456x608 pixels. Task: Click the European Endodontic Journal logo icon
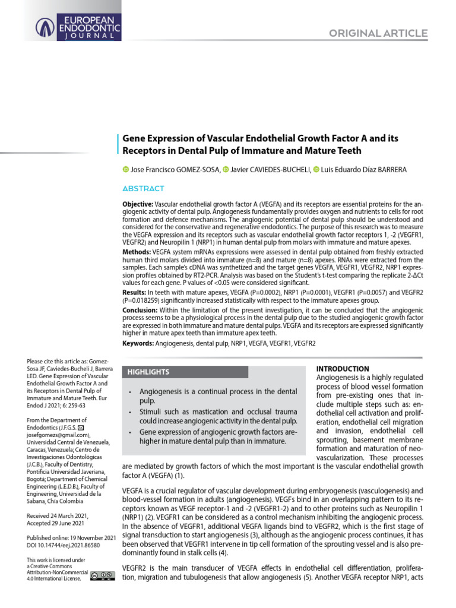tap(46, 26)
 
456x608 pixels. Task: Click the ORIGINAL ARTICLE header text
tap(378, 33)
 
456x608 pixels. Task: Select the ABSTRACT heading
tap(142, 189)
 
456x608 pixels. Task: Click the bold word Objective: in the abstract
tap(137, 204)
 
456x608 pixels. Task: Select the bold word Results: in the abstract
tap(134, 293)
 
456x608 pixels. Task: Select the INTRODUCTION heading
tap(343, 369)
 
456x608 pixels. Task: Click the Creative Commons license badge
tap(103, 575)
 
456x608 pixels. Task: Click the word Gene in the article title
tap(136, 138)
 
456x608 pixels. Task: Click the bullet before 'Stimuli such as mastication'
tap(130, 411)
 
